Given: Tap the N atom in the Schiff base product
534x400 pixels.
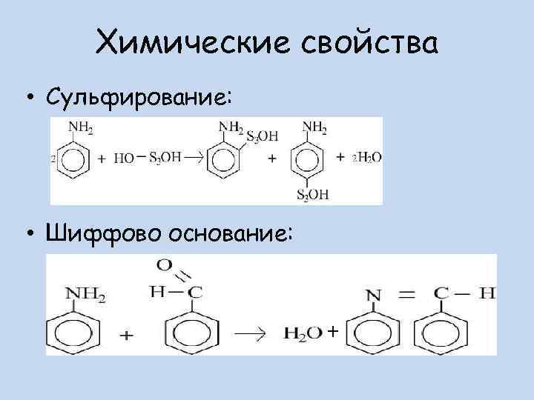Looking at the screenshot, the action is coord(374,295).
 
